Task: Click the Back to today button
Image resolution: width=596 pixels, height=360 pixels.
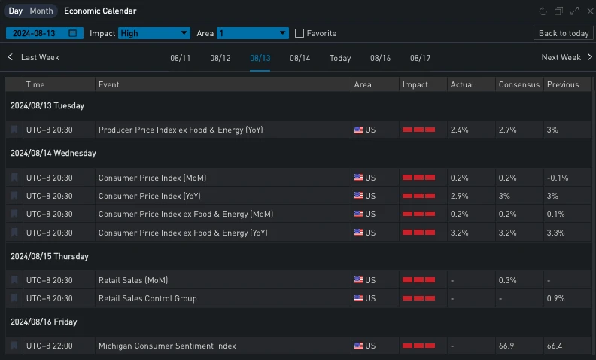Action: (x=564, y=33)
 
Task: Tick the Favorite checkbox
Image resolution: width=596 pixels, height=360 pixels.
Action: (x=300, y=33)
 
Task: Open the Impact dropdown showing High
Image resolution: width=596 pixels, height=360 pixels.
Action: (x=154, y=33)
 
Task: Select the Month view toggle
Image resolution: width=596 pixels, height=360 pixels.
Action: (x=41, y=11)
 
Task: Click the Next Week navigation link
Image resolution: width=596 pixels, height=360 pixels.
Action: (x=565, y=58)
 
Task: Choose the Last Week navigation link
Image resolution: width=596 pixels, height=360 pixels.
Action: (x=35, y=58)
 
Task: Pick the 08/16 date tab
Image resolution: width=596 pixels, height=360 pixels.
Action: (x=380, y=59)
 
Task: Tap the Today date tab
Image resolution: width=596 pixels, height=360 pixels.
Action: (x=340, y=59)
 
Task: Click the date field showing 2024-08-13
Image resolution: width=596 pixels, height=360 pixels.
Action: (x=43, y=33)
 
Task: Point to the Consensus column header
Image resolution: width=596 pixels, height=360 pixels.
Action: (x=518, y=84)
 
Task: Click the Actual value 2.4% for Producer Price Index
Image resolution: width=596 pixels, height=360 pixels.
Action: (x=459, y=130)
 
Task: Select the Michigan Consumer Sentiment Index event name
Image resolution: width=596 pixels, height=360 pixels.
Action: (x=167, y=346)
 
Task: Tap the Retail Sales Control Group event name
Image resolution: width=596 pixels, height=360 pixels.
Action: (x=147, y=298)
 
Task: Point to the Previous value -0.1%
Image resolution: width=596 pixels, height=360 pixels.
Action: (x=558, y=178)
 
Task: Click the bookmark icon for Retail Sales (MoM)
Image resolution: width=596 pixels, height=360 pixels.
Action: (x=14, y=280)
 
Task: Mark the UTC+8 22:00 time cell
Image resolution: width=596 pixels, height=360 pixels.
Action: (x=50, y=346)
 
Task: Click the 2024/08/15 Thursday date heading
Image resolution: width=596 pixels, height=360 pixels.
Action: (x=49, y=256)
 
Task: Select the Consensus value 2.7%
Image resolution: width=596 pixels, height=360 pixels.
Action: (x=508, y=130)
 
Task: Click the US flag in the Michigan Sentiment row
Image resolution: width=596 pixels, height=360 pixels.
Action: (x=358, y=346)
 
